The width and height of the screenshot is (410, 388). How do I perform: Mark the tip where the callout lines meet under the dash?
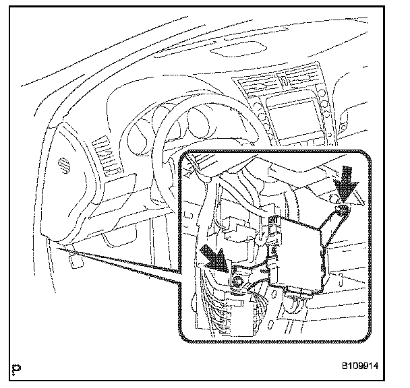pos(59,248)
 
